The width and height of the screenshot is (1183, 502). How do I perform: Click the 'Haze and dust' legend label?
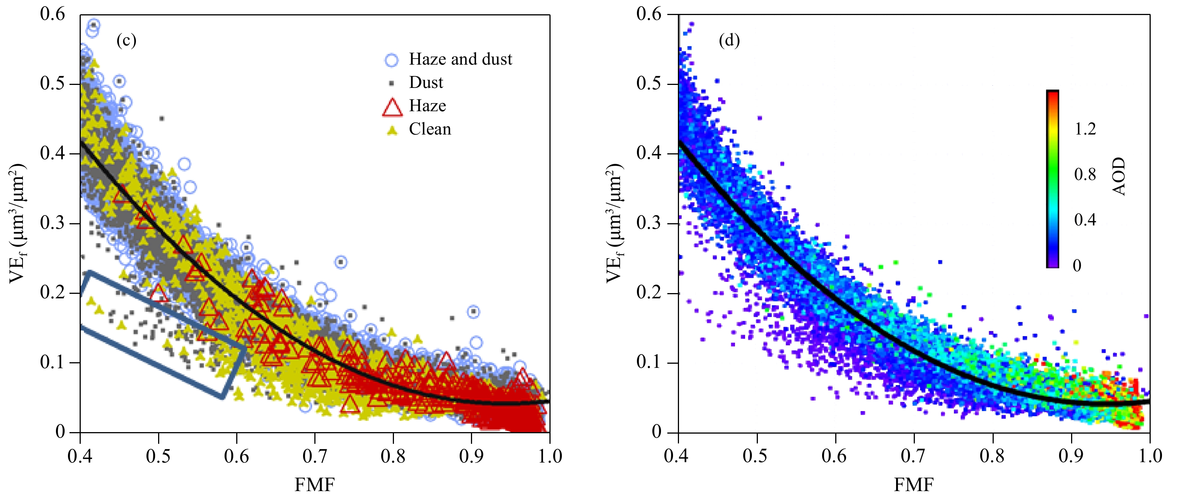tap(460, 59)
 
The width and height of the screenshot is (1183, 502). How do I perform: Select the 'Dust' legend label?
tap(426, 83)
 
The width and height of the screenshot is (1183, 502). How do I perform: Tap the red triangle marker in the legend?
tap(392, 107)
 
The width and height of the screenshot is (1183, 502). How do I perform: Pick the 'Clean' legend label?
tap(430, 129)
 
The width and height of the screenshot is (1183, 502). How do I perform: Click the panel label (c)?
tap(126, 41)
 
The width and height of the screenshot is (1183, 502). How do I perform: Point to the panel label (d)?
tap(729, 41)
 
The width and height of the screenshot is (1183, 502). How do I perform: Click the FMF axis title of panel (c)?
tap(315, 485)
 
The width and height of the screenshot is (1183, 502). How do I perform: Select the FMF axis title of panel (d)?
tap(913, 485)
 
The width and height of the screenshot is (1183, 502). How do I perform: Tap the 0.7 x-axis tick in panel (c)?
tap(315, 456)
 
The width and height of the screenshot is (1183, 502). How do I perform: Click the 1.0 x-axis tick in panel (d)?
tap(1150, 456)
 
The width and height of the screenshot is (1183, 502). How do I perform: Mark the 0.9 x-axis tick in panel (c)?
tap(471, 456)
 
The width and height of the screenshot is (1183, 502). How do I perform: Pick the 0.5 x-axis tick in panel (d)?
tap(756, 456)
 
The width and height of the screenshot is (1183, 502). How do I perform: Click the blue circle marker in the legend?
tap(391, 60)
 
